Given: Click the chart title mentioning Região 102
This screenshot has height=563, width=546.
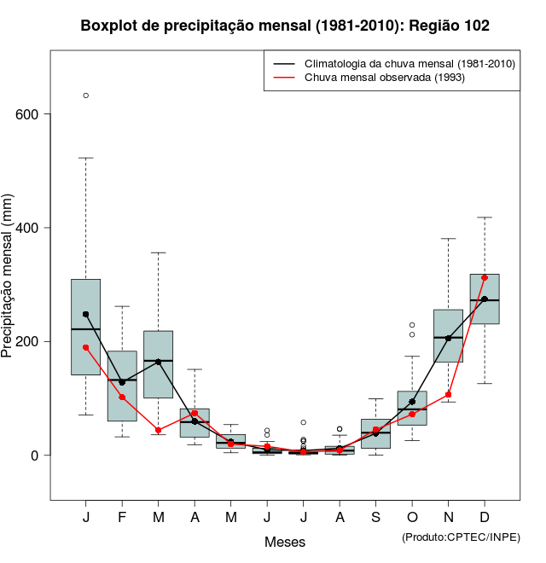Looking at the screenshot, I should pos(285,26).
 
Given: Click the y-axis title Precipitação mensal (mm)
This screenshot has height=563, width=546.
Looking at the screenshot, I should pos(9,286).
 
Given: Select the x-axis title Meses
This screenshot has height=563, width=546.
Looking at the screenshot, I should pos(285,542).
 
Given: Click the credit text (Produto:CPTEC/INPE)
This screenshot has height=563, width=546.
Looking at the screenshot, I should pos(461,537).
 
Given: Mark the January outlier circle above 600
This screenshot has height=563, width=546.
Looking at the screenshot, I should pos(86,96).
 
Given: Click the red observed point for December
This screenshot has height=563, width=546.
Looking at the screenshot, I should pos(485,278).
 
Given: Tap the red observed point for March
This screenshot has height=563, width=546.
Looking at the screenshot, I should pos(159,430).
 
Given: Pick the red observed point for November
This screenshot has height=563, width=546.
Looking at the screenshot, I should pos(449,394).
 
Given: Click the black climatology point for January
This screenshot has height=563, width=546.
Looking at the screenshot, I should pos(86,314).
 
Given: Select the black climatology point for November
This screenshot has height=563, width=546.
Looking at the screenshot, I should pos(449,339).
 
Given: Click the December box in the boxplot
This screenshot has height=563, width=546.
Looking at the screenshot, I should pos(485,299).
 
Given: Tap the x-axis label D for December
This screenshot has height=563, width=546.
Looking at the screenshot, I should pos(485,518).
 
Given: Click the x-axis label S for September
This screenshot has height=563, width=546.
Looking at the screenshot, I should pos(376,518).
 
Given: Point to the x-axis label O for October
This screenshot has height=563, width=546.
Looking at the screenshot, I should pos(412,518).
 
